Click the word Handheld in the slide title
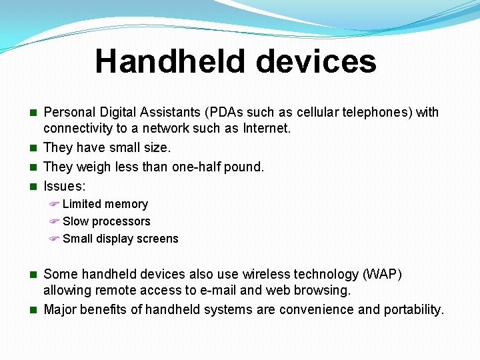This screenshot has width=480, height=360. (171, 61)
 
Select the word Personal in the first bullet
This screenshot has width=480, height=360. (69, 112)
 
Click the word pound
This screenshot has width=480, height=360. (246, 167)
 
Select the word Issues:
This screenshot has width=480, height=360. (65, 187)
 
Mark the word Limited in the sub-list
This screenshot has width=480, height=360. (83, 204)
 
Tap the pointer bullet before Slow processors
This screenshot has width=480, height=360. (55, 221)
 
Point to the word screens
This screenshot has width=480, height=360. (157, 239)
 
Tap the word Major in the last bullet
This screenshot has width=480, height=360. (61, 309)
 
